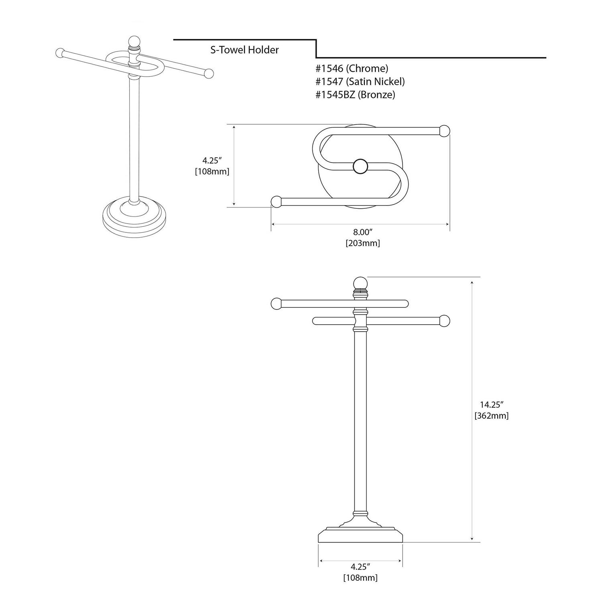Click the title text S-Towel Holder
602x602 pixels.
coord(244,50)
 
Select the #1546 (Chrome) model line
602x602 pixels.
coord(352,69)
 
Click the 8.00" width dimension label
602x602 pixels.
coord(362,232)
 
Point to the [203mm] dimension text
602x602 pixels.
coord(362,243)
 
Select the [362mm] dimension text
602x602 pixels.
coord(491,416)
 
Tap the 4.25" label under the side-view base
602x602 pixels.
coord(360,567)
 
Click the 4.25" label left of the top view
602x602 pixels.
coord(212,161)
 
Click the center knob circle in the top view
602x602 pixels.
coord(360,167)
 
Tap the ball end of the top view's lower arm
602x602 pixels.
coord(276,201)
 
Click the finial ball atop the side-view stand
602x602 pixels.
coord(360,283)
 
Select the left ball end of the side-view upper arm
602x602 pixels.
coord(277,304)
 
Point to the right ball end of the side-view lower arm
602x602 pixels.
coord(445,321)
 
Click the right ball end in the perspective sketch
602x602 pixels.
coord(209,74)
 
